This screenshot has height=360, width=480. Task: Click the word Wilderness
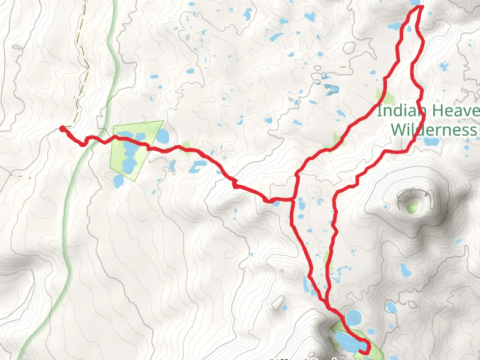(433, 130)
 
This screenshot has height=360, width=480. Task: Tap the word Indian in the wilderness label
(401, 111)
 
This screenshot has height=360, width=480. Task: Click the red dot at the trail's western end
(62, 128)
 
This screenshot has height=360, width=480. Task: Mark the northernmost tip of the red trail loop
(420, 7)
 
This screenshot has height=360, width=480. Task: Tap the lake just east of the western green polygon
(163, 136)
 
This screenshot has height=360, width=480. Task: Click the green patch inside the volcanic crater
(412, 206)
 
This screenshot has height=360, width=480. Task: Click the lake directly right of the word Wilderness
(431, 143)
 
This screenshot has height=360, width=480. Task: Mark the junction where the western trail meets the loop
(294, 198)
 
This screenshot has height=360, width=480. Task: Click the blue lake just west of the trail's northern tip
(396, 26)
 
